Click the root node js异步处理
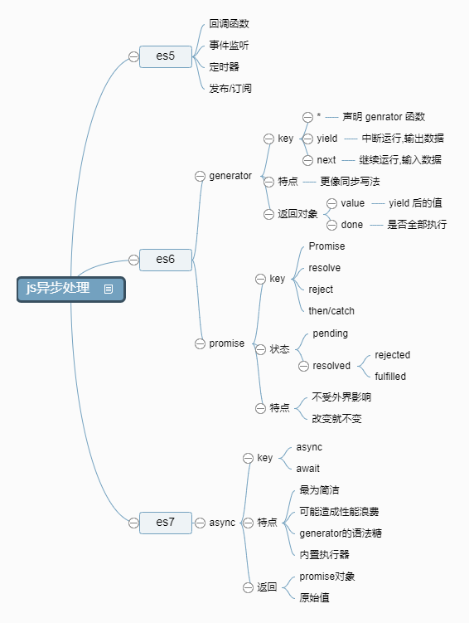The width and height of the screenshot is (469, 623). [x=58, y=289]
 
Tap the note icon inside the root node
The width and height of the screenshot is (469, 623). [x=109, y=290]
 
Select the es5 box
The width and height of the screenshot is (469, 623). [x=166, y=56]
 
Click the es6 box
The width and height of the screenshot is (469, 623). [x=166, y=259]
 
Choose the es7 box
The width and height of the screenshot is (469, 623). [x=166, y=523]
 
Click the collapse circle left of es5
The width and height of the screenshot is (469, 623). [x=133, y=56]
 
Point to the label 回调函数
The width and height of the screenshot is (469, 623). [x=229, y=23]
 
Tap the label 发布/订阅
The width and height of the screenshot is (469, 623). [x=230, y=88]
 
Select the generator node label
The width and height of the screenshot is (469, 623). [x=230, y=176]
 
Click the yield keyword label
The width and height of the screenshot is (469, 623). [x=326, y=139]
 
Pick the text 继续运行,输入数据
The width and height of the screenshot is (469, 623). [x=400, y=160]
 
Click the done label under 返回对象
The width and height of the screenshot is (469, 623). [x=351, y=225]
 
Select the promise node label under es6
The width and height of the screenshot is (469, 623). [x=226, y=343]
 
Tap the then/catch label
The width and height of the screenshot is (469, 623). [x=331, y=311]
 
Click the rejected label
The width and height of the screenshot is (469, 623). [x=392, y=355]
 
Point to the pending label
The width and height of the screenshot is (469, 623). [x=330, y=333]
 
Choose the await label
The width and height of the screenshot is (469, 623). [x=307, y=469]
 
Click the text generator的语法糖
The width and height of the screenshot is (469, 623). [x=340, y=533]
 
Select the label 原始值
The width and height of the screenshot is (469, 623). [x=315, y=597]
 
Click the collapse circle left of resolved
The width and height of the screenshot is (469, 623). [x=303, y=366]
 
